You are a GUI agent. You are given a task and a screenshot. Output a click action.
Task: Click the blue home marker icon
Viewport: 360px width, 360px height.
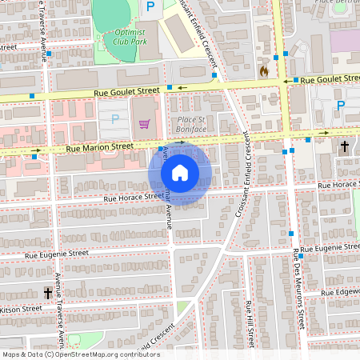click(180, 173)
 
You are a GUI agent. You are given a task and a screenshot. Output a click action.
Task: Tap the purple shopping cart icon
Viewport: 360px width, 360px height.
click(144, 123)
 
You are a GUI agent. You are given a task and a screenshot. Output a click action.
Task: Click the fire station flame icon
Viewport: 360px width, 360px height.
click(263, 70)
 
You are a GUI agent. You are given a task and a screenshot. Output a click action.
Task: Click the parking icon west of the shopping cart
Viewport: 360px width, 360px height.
click(114, 119)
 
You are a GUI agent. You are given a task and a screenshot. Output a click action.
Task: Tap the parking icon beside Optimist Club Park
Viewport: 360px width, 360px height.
click(150, 6)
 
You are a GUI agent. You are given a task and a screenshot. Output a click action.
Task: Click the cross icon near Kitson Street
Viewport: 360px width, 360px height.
click(47, 294)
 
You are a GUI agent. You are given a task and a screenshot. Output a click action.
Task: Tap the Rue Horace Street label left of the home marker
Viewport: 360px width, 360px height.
click(133, 197)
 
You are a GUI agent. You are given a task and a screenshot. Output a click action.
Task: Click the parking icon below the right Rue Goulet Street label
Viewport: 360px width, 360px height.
click(341, 106)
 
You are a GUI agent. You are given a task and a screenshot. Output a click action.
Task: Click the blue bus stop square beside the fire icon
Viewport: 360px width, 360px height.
click(274, 57)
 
